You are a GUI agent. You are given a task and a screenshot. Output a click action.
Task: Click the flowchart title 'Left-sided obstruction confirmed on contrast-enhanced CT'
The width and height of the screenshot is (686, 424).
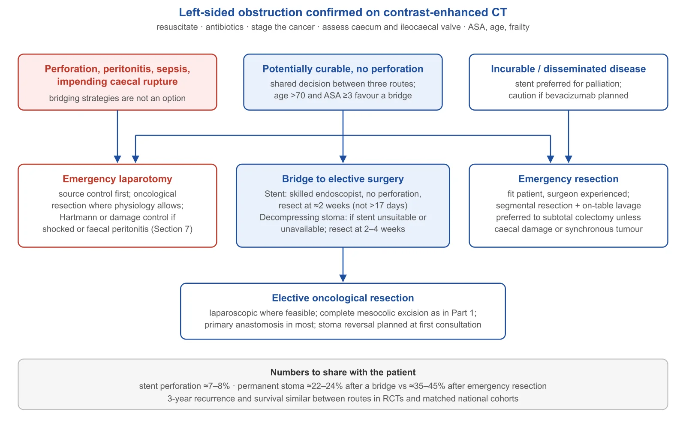(343, 12)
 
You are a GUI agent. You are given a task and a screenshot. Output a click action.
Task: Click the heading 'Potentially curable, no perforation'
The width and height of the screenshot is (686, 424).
(343, 69)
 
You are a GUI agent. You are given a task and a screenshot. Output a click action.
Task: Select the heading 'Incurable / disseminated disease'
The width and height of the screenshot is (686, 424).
(568, 69)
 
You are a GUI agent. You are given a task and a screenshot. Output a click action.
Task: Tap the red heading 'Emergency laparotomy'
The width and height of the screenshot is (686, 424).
(117, 179)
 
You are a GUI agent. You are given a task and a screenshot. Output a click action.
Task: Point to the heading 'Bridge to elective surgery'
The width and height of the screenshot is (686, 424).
(343, 179)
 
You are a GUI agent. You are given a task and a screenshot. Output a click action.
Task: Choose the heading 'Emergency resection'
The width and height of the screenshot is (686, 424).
(568, 179)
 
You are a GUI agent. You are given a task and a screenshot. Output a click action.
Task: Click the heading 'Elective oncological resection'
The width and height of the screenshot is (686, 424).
(343, 298)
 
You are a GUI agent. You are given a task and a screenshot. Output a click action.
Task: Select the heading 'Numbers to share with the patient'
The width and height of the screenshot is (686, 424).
(343, 372)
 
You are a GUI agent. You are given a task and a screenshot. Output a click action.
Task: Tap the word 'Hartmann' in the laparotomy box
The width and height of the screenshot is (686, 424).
(78, 217)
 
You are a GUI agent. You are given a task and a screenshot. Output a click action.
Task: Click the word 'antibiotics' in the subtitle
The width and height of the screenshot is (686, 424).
(225, 27)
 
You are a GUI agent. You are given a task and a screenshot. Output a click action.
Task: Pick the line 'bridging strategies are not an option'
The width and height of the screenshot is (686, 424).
(117, 98)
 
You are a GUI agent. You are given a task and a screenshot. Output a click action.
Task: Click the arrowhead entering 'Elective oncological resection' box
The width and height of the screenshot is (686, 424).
(343, 278)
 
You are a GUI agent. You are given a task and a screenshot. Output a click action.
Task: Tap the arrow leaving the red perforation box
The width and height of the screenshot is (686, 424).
(117, 136)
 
